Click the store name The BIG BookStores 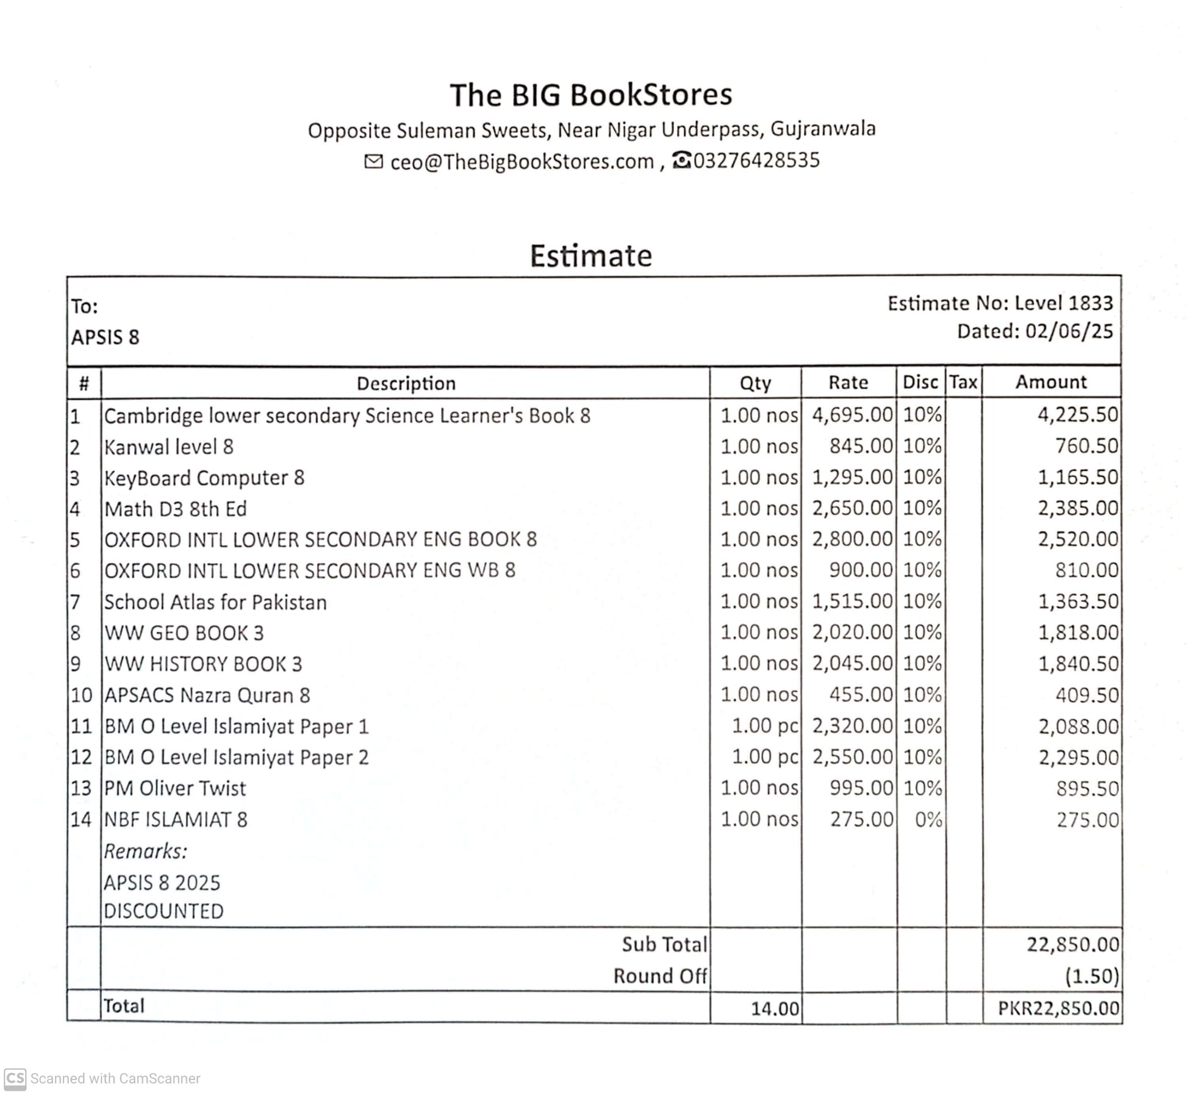590,95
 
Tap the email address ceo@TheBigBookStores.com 522,162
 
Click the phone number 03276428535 756,160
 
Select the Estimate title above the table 590,256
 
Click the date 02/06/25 1069,331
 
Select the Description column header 406,383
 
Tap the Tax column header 963,382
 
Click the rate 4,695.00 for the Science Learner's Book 852,415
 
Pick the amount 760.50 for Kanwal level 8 1086,446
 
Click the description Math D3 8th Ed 175,509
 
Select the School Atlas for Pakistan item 215,602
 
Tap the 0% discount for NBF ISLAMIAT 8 928,819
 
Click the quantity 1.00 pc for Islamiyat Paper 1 764,726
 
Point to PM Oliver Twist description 175,788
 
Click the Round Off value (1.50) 1091,976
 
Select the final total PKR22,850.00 1058,1008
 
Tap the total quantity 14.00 774,1008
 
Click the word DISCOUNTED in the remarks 163,911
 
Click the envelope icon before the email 373,161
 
